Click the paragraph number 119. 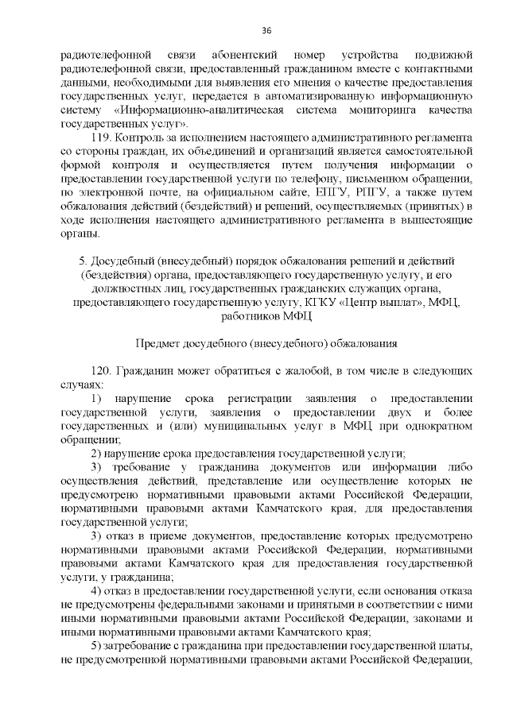[x=105, y=137]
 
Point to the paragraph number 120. [x=104, y=371]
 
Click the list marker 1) [x=97, y=399]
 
